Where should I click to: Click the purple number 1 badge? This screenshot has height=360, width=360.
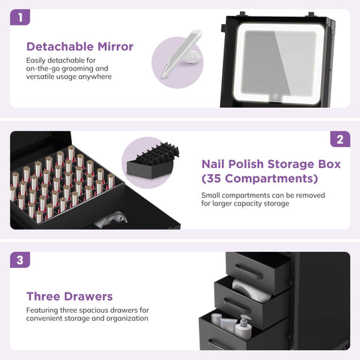20,17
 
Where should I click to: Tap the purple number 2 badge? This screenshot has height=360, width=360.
340,139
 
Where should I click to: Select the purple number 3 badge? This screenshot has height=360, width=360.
20,259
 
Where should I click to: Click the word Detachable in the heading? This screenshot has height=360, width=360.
60,46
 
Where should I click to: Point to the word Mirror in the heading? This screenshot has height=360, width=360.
115,46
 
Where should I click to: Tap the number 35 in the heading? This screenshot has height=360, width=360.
214,178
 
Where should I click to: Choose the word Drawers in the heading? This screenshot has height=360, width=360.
91,296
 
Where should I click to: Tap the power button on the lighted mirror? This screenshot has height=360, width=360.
275,96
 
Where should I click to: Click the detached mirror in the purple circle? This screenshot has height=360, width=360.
181,54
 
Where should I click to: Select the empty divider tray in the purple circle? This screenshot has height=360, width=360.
153,160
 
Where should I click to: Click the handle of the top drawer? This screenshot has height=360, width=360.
249,272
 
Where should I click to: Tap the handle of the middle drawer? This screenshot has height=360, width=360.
237,307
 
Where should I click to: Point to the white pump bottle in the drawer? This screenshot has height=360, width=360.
243,327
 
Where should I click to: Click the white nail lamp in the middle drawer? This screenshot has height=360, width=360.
251,290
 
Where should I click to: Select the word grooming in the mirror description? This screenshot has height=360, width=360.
77,68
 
